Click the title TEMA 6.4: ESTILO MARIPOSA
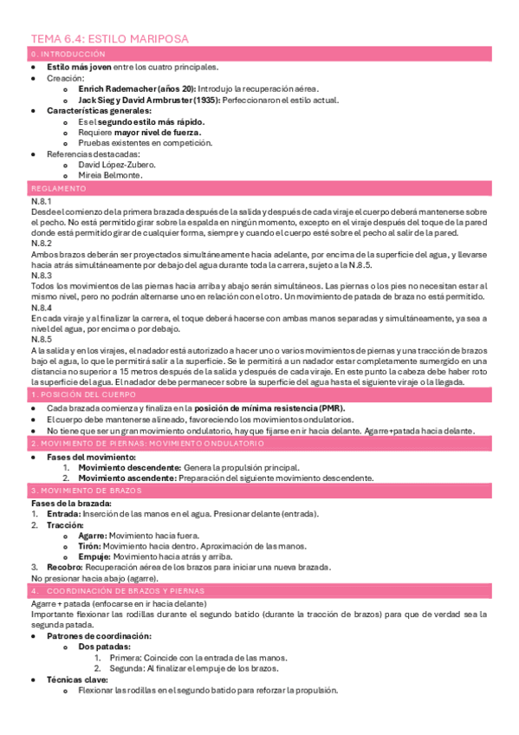[110, 39]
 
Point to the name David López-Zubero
[117, 164]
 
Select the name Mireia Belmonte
[111, 174]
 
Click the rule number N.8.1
[41, 201]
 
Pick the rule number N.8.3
[41, 276]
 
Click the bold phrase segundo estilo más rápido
[138, 121]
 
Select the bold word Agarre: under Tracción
[94, 536]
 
